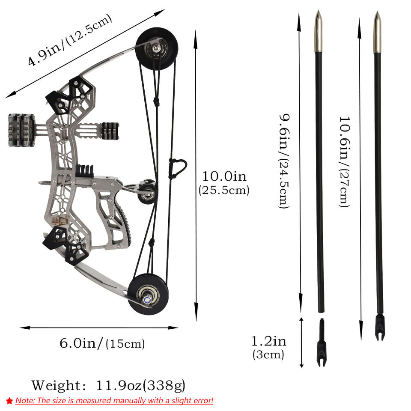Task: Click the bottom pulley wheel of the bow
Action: [x=148, y=295]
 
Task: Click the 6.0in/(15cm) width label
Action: [x=102, y=343]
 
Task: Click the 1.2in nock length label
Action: [x=268, y=347]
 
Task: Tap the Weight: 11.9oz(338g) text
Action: [x=108, y=385]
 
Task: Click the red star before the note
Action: [x=9, y=401]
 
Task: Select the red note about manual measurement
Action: [x=114, y=401]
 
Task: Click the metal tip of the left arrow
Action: [x=318, y=32]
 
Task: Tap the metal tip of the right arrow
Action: [x=377, y=33]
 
